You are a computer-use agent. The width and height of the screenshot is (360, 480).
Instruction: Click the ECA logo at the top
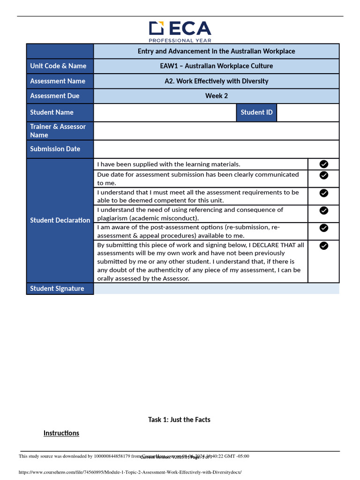(x=180, y=31)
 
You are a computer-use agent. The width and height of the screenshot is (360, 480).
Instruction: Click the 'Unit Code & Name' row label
(x=58, y=66)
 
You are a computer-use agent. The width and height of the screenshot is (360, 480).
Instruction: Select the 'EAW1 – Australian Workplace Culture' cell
(x=216, y=66)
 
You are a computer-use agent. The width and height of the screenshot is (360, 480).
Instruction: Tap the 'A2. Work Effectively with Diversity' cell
(x=216, y=81)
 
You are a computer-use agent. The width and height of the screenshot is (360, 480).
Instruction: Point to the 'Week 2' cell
(x=216, y=96)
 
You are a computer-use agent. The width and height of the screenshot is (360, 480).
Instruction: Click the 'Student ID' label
(x=256, y=112)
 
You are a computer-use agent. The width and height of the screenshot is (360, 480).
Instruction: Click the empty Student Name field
(x=165, y=112)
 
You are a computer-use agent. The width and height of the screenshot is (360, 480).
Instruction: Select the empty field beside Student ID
(x=307, y=112)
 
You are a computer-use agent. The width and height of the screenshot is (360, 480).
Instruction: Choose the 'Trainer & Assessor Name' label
(x=58, y=131)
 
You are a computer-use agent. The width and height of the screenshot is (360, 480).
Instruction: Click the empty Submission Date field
(x=216, y=149)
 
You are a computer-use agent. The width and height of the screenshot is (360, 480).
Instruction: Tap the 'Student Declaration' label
(x=60, y=220)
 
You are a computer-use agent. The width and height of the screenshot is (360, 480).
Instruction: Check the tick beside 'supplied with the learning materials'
(x=323, y=164)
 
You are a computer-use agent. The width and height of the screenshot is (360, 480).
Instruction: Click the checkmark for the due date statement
(x=323, y=175)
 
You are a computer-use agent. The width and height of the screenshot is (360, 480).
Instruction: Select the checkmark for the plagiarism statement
(x=323, y=210)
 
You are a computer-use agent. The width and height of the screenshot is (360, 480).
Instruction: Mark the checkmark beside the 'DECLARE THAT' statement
(x=323, y=246)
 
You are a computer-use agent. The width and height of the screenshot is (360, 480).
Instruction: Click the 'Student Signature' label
(x=57, y=289)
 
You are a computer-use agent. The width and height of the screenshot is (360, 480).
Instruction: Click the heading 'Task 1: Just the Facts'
(x=179, y=420)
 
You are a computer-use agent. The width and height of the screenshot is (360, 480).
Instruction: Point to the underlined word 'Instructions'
(x=61, y=433)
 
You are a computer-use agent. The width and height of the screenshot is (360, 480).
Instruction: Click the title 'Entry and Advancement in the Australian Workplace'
(x=216, y=51)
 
